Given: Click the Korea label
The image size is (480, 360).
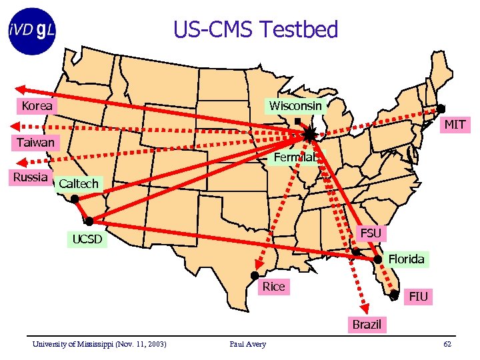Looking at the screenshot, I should (37, 106).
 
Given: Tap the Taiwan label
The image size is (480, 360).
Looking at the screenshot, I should (36, 142).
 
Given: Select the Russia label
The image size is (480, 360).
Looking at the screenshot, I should (31, 177).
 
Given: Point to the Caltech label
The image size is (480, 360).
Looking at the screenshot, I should (78, 183).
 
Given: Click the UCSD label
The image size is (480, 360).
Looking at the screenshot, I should (87, 239).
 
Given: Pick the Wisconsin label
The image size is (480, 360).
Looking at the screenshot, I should (295, 106).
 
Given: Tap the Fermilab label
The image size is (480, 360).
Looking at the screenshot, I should (296, 157).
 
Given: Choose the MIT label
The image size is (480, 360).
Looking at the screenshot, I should (455, 125).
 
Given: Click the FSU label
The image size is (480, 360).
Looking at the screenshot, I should (370, 233).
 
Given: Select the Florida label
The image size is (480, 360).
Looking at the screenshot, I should (406, 259).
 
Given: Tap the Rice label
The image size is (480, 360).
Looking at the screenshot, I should (273, 287).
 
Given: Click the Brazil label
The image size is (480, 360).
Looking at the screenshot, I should (367, 325).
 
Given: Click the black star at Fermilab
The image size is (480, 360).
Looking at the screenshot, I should (310, 135).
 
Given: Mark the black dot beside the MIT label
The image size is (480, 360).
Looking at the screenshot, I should (441, 109).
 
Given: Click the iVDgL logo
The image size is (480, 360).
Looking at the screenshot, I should (32, 31).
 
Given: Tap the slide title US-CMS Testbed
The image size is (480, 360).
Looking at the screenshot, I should (255, 29).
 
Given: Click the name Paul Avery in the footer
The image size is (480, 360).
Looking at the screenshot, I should (247, 344).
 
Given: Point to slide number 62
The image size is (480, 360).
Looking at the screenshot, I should (447, 344).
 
